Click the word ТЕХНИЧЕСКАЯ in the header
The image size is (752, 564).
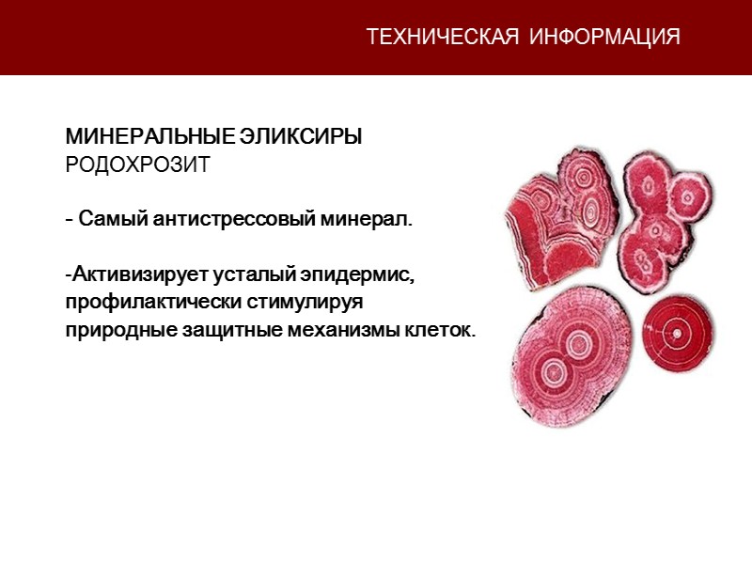pos(442,38)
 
